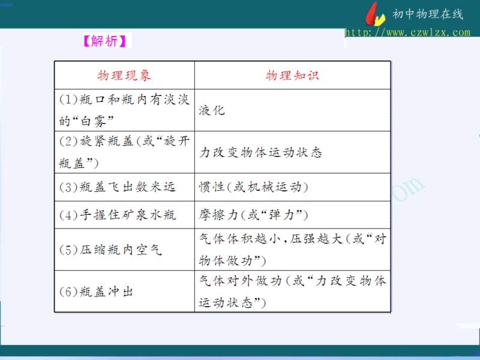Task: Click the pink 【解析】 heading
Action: point(104,41)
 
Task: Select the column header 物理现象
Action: point(124,76)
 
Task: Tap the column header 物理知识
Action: point(292,76)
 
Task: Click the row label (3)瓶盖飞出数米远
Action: point(118,187)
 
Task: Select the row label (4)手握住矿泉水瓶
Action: point(118,215)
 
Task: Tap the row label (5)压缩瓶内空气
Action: point(110,250)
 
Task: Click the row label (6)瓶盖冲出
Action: point(96,292)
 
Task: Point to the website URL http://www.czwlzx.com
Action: point(407,32)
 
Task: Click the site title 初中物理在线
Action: point(428,14)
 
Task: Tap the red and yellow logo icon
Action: point(374,14)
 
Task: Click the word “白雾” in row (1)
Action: point(94,121)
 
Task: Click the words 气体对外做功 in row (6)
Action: point(241,280)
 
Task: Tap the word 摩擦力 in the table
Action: point(218,215)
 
